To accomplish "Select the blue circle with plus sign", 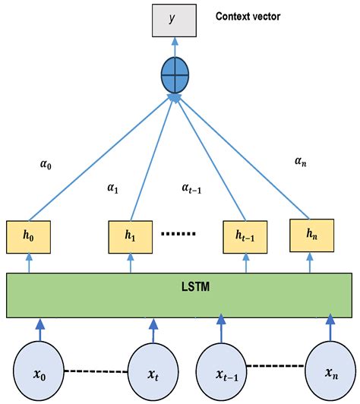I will (x=175, y=77).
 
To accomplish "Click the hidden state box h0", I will (x=28, y=236).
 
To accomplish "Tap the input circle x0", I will (x=39, y=372).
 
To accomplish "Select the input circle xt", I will (x=152, y=372).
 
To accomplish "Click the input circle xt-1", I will (x=223, y=372).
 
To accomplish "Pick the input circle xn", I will (x=330, y=372).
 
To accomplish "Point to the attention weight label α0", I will (x=45, y=163).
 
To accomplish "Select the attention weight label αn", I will (x=301, y=161).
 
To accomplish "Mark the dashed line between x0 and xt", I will (x=95, y=371).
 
